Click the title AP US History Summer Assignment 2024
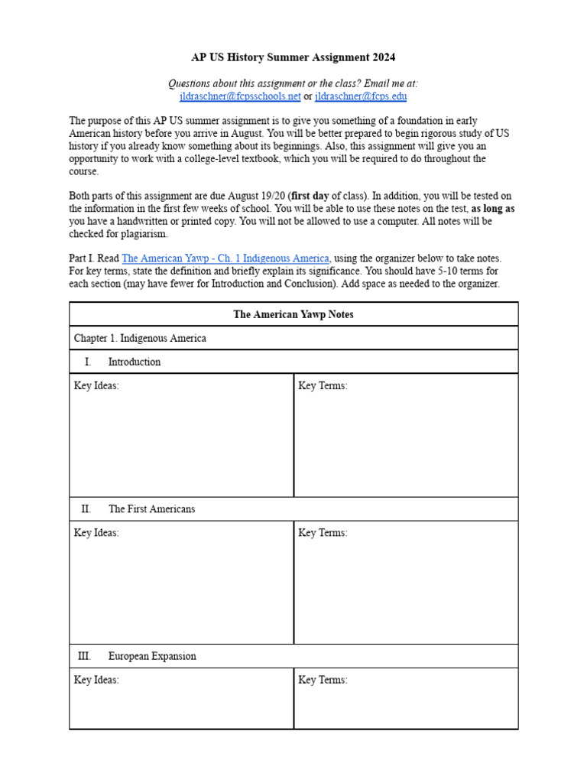coord(293,57)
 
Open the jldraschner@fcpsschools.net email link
coord(240,96)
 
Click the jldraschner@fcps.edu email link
coord(361,96)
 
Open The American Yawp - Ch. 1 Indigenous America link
coord(225,258)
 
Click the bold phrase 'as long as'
coord(493,209)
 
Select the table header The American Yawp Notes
coord(293,314)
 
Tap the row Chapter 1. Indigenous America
coord(140,338)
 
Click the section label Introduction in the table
coord(135,362)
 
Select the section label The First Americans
coord(151,509)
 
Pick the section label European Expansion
coord(152,656)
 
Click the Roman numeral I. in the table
coord(88,362)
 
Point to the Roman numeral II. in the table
coord(86,509)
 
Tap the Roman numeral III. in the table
coord(84,656)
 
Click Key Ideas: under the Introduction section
coord(96,386)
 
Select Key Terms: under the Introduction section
coord(323,386)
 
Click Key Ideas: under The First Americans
coord(96,533)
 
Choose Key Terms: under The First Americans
coord(323,533)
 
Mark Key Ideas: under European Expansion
coord(96,680)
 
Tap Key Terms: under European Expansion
coord(323,680)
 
